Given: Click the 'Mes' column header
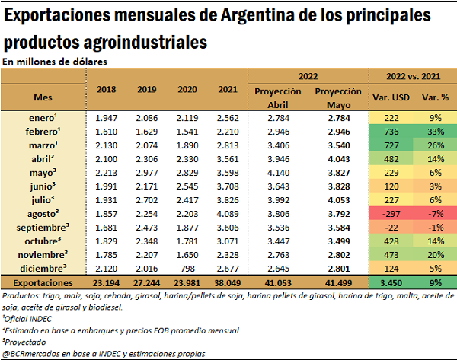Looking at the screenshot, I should pos(43,97).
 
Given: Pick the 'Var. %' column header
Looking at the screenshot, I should pos(434,97).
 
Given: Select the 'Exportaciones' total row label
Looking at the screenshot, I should pos(43,282).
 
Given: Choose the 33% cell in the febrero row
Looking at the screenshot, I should pos(434,131).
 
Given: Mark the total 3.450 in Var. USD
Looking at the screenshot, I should pos(393,282).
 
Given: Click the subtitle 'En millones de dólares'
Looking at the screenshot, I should pos(54,61).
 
